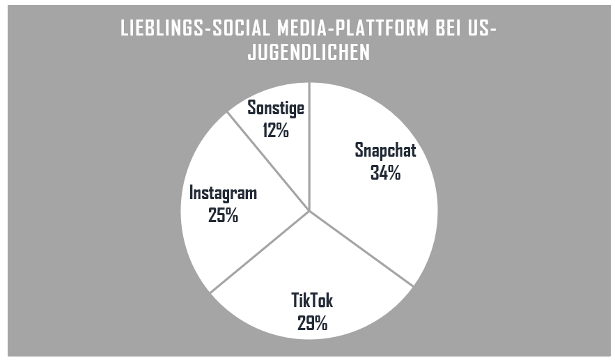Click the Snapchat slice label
click(385, 150)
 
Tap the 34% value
click(385, 172)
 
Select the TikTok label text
click(312, 301)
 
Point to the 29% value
click(312, 322)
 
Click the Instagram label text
click(223, 193)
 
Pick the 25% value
click(223, 215)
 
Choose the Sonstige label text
click(277, 109)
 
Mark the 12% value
click(277, 130)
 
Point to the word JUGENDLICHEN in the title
click(309, 53)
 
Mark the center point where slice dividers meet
click(309, 211)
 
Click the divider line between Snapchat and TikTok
click(362, 249)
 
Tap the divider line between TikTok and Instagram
click(259, 252)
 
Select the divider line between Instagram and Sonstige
click(269, 161)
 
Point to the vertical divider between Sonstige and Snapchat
click(309, 146)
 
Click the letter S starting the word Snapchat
click(359, 150)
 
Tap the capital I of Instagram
click(192, 193)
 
